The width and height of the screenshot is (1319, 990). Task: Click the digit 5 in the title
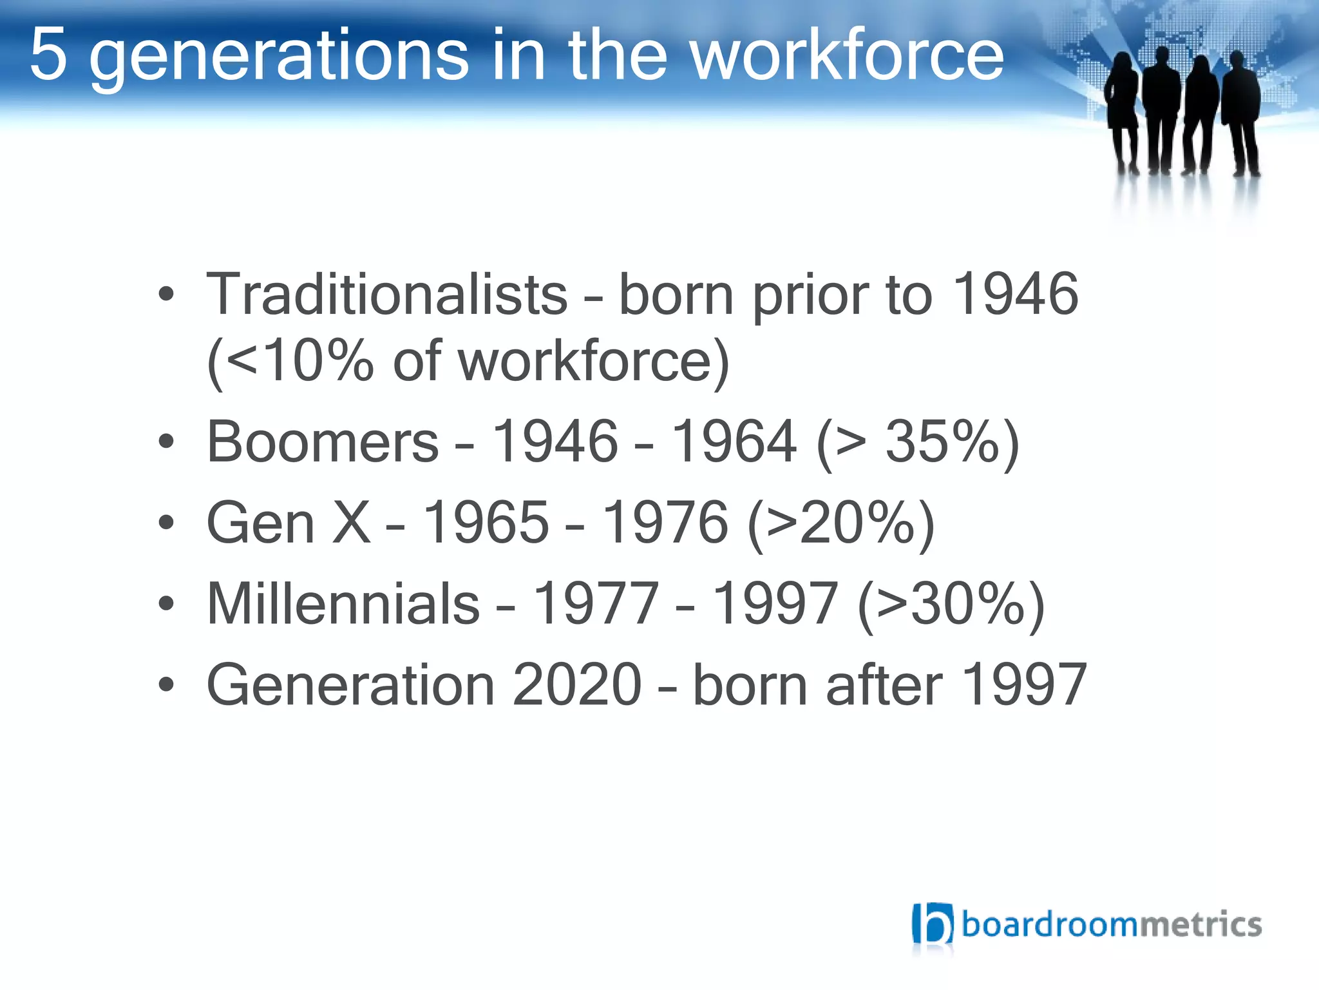[x=49, y=55]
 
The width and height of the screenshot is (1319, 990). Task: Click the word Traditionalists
[x=386, y=295]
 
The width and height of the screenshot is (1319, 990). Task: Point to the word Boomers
[x=323, y=442]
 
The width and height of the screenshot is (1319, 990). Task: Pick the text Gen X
[x=288, y=523]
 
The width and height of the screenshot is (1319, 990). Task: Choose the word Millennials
[x=343, y=604]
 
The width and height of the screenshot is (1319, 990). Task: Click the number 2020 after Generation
[x=577, y=684]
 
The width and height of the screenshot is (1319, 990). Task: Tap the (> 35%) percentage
[x=917, y=442]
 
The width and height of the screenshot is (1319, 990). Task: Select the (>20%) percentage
[x=841, y=523]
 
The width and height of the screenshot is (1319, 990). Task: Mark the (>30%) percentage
[x=951, y=604]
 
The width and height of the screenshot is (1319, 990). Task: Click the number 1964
[x=734, y=442]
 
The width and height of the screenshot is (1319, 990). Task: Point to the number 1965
[x=486, y=523]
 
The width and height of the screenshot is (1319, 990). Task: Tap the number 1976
[x=665, y=523]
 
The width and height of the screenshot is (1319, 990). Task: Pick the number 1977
[x=596, y=604]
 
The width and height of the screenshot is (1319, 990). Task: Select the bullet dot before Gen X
[x=166, y=522]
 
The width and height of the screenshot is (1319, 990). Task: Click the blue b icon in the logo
[x=932, y=924]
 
